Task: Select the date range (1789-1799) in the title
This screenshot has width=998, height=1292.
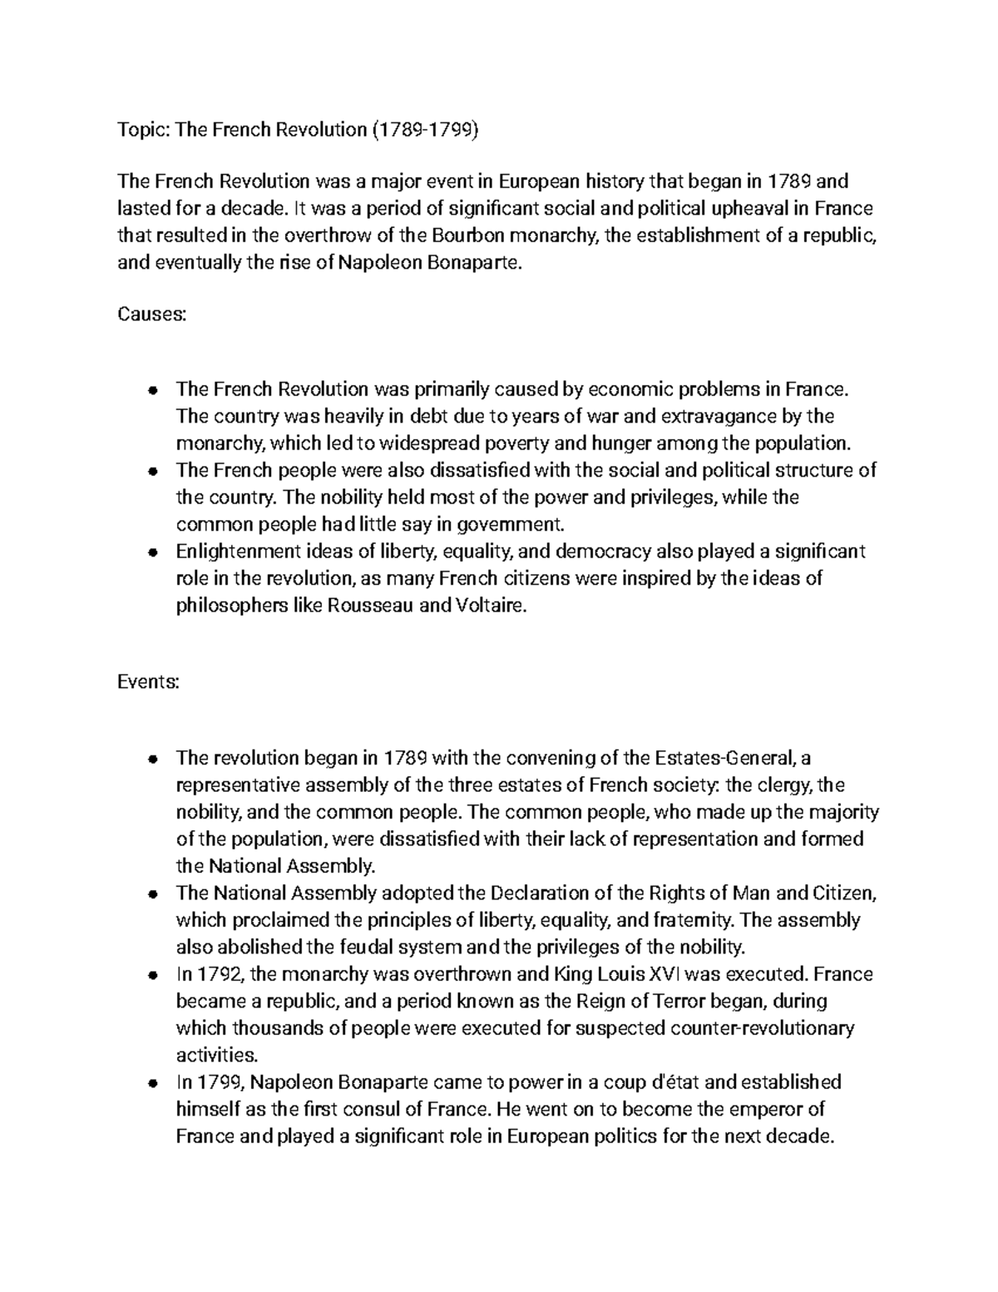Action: (x=425, y=130)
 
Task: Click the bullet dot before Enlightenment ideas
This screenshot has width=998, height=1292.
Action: (x=152, y=552)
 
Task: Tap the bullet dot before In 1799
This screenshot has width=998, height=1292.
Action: (x=152, y=1083)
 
